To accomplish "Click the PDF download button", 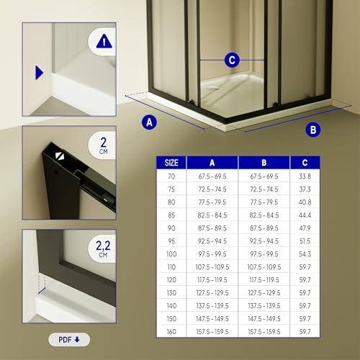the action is tap(69, 340).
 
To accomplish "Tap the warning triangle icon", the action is tap(104, 41).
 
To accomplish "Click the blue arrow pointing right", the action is tap(39, 73).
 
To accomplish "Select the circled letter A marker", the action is tap(149, 122).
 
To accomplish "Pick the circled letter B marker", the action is tap(313, 130).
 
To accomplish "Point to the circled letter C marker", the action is tap(232, 60).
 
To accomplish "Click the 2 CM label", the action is tap(104, 145).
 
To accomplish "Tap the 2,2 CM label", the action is tap(103, 248).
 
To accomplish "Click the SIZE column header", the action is tap(171, 163).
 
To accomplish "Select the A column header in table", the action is tap(212, 163).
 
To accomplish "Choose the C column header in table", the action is tap(305, 163).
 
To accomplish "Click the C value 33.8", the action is tap(305, 176).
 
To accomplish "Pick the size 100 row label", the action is tap(171, 254).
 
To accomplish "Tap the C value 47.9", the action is tap(305, 228).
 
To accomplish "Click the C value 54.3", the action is tap(305, 254).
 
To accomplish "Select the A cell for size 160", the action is tap(212, 332).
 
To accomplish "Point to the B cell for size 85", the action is tap(264, 215).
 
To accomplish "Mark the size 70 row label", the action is tap(171, 176).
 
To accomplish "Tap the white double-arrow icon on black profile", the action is tap(60, 156).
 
